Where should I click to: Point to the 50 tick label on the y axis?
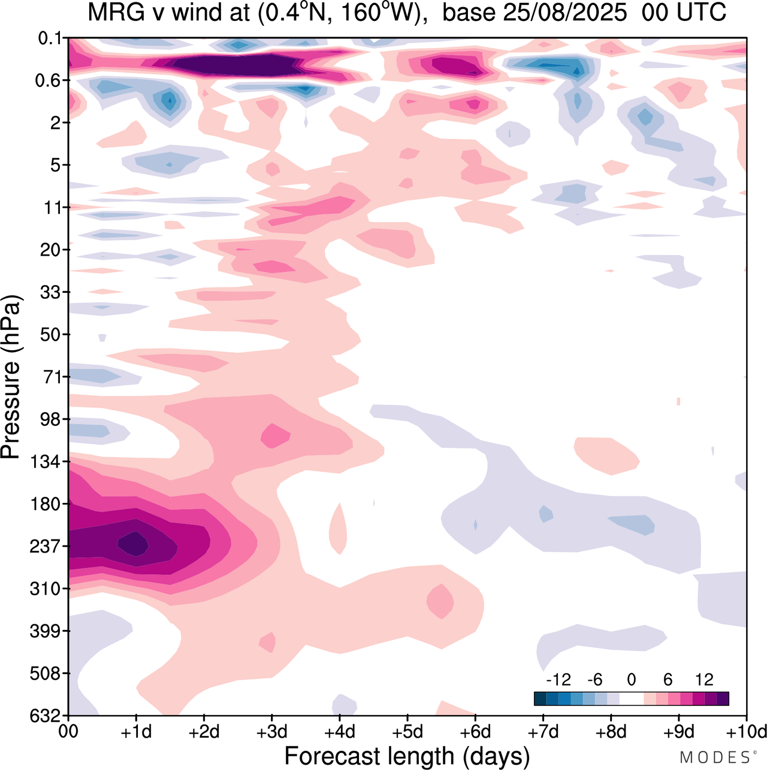[x=51, y=335]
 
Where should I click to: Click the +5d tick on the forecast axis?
[x=407, y=732]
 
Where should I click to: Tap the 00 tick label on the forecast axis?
[x=68, y=732]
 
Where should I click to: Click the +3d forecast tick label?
[x=272, y=732]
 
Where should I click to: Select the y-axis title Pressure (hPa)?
[x=11, y=377]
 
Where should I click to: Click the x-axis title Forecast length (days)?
[x=407, y=756]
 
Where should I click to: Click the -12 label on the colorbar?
[x=558, y=680]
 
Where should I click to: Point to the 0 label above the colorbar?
[x=631, y=680]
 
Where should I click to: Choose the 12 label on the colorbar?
[x=704, y=680]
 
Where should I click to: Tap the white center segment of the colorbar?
[x=631, y=699]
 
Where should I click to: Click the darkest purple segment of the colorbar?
[x=723, y=699]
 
